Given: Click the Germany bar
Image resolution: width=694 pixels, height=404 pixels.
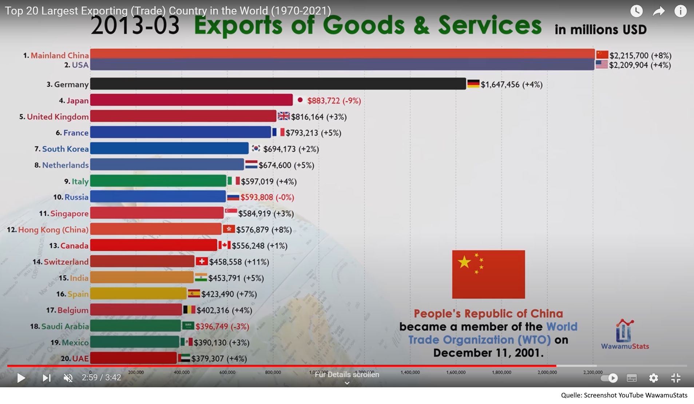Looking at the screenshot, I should [x=278, y=84].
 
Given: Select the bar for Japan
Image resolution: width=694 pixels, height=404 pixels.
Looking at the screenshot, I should [x=191, y=100].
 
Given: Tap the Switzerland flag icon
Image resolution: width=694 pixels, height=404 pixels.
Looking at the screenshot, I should [x=202, y=261].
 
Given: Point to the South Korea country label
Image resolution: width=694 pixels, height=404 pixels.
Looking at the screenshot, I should [x=66, y=149].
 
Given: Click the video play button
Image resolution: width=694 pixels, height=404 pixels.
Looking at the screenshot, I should [x=21, y=378].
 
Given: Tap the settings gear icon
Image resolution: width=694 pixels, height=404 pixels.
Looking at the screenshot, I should [x=653, y=378].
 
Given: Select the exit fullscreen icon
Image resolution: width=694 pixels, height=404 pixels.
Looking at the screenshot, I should [x=676, y=378].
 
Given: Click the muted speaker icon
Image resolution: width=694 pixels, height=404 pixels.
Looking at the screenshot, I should [x=68, y=378].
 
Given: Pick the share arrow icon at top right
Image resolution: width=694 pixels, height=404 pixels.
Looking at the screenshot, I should [x=658, y=12].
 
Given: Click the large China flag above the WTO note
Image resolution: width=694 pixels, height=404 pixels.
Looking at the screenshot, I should [x=488, y=274].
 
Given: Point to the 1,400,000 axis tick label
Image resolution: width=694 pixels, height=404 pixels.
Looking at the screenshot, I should [x=410, y=372].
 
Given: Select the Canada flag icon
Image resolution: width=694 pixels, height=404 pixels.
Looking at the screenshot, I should [x=224, y=245].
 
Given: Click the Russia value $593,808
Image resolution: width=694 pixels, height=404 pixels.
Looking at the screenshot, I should [x=257, y=197].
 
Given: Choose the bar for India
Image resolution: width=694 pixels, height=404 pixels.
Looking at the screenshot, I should [x=142, y=277].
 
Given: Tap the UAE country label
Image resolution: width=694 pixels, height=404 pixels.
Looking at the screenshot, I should [x=80, y=359].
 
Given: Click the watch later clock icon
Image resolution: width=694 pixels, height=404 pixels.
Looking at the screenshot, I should [x=636, y=11].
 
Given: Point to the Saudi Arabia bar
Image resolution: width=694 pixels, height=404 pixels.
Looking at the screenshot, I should [x=135, y=326].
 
